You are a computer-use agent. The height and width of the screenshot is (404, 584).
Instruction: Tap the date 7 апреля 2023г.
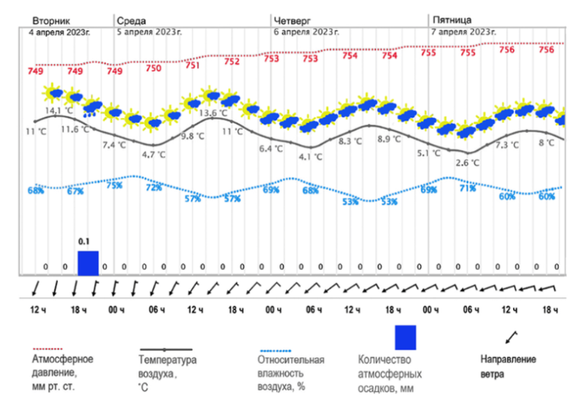463,32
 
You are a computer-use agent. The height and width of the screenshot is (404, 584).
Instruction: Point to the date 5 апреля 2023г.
149,32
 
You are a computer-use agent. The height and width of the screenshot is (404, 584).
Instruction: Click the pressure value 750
154,68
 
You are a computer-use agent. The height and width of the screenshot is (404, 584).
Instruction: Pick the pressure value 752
232,62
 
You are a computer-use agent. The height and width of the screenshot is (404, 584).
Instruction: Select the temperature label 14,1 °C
59,111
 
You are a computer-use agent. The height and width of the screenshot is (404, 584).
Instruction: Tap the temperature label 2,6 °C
467,162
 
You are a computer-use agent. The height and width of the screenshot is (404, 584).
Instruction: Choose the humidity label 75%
114,185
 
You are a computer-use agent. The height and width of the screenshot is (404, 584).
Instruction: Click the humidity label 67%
75,191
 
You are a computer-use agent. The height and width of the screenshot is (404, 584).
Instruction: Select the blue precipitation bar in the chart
88,262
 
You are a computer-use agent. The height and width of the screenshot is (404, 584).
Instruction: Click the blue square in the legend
405,337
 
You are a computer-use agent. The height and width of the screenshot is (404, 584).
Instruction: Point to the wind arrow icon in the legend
511,336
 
